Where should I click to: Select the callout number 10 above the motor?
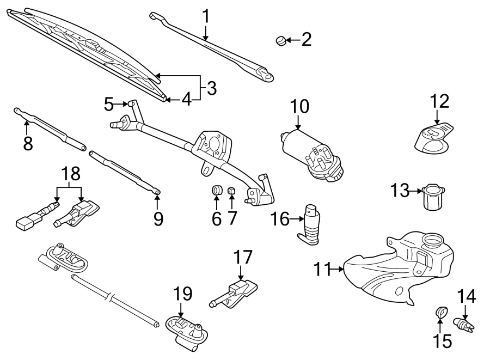pyautogui.click(x=299, y=107)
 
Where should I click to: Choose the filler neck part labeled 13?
pyautogui.click(x=433, y=199)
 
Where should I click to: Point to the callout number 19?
pyautogui.click(x=183, y=295)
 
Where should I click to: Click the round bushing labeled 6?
pyautogui.click(x=217, y=191)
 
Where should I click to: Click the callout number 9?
pyautogui.click(x=157, y=218)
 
